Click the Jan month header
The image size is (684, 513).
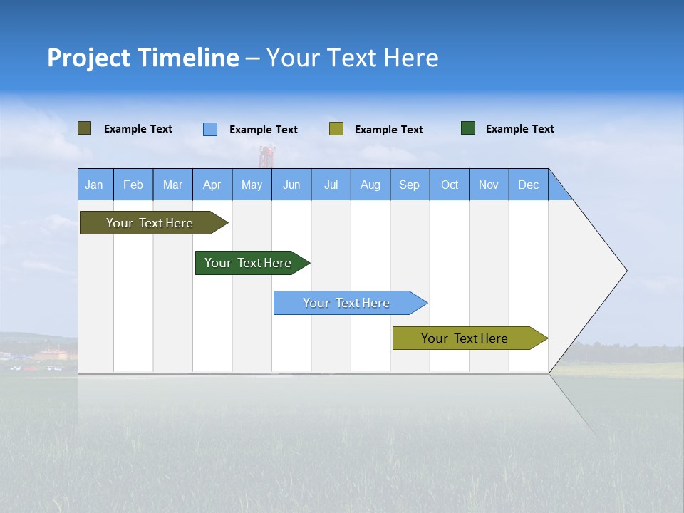(94, 185)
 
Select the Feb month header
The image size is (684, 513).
(133, 185)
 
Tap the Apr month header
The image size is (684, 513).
(212, 185)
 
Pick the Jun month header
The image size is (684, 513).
(291, 185)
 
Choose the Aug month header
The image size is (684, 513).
(370, 185)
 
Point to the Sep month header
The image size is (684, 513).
(410, 185)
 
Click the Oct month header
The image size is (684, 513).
(450, 185)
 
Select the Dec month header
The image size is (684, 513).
(529, 185)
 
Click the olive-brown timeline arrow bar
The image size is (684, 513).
(150, 223)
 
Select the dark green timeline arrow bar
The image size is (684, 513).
(248, 263)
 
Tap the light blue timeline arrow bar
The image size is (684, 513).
(346, 303)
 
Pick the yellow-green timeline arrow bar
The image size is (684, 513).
(465, 338)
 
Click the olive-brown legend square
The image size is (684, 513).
(85, 128)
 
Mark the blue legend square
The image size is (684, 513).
(210, 129)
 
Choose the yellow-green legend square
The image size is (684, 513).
(336, 128)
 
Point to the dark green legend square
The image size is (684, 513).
(468, 128)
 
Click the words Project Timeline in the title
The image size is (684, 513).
(143, 58)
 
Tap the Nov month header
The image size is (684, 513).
(489, 185)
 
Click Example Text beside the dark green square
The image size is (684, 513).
(520, 129)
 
